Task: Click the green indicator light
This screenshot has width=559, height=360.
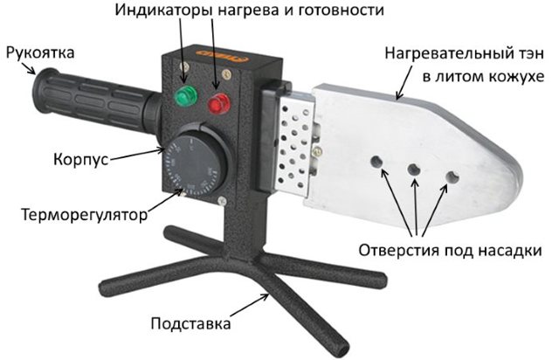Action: (x=185, y=95)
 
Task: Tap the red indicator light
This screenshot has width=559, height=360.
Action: (x=219, y=104)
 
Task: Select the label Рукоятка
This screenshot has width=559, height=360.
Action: (x=40, y=52)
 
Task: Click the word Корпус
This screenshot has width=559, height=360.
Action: (x=80, y=159)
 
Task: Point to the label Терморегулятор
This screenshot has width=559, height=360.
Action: (x=84, y=215)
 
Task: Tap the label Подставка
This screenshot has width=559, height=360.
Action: (x=190, y=323)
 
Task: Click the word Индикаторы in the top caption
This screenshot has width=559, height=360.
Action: (x=163, y=10)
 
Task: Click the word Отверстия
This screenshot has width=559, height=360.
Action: (x=399, y=250)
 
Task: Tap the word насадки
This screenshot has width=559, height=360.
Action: (x=510, y=250)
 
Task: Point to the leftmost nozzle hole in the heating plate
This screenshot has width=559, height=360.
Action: (x=376, y=162)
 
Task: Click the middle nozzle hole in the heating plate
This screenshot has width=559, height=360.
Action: (x=414, y=170)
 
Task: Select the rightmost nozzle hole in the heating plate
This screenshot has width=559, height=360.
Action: (x=452, y=177)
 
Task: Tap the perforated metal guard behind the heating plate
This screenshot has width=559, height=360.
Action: (x=294, y=146)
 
